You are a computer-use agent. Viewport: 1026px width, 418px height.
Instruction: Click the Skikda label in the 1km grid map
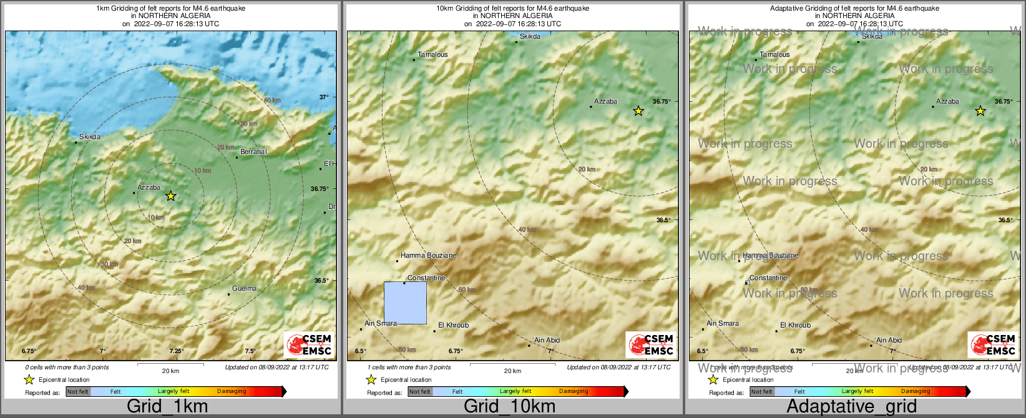coord(90,137)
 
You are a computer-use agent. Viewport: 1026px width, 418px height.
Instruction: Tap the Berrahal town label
coord(253,152)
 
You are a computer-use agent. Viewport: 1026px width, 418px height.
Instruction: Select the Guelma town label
coord(244,288)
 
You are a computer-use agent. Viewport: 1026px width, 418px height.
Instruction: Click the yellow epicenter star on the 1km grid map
coord(171,196)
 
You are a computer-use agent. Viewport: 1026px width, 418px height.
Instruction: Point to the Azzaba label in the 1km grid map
coord(149,187)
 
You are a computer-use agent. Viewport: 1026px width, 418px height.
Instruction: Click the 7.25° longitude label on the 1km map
coord(177,351)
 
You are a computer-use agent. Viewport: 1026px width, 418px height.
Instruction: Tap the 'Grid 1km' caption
coord(167,406)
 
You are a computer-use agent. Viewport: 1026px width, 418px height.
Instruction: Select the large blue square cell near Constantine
coord(405,303)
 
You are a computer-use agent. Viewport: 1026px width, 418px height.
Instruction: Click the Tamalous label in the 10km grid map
coord(432,54)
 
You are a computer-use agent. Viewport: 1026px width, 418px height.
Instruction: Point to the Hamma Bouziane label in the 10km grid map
coord(428,255)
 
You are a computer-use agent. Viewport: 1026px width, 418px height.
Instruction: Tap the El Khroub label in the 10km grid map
coord(453,325)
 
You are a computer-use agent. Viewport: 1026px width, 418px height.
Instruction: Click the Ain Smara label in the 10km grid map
coord(381,323)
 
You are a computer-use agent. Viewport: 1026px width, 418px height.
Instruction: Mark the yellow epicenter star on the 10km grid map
coord(638,111)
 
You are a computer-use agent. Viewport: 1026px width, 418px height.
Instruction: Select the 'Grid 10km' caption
coord(509,406)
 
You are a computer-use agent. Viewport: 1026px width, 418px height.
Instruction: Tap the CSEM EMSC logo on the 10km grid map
coord(651,345)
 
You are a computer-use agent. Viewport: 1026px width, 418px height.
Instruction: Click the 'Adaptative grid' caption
coord(851,406)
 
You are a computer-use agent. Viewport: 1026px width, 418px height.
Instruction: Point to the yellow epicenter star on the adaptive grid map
coord(980,111)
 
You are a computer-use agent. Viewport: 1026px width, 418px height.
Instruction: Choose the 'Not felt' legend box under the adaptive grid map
coord(761,392)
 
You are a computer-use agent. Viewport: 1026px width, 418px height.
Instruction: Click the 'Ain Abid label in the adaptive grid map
coord(889,340)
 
